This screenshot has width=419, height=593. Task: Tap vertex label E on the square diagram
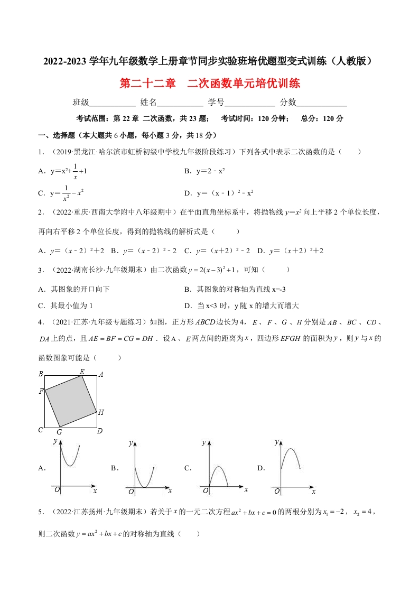(82, 372)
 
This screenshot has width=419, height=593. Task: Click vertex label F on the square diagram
(41, 392)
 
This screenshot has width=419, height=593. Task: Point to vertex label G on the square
(59, 432)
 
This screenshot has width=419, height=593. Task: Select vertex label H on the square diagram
(101, 412)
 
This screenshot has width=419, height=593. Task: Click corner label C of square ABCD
(40, 430)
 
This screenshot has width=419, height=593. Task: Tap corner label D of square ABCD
(99, 431)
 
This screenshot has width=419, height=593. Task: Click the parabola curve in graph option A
(70, 458)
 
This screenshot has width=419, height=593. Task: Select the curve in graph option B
(143, 479)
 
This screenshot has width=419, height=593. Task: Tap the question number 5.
(40, 512)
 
